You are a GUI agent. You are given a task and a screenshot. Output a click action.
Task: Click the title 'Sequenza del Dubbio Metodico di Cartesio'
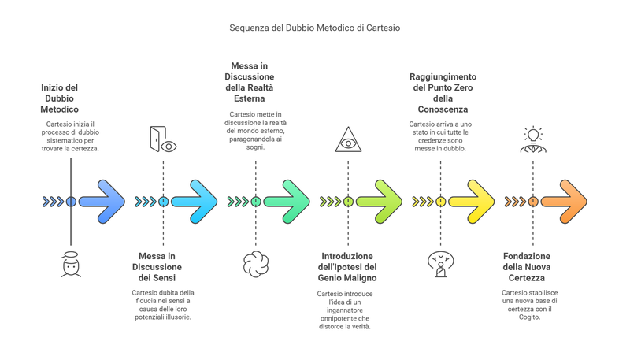tap(315, 28)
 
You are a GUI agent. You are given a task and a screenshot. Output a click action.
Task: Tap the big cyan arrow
tap(196, 202)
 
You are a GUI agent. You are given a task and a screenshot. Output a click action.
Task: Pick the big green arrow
tap(289, 202)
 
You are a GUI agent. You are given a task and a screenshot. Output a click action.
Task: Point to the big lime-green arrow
tap(381, 202)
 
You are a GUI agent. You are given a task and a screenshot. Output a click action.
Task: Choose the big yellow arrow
tap(473, 202)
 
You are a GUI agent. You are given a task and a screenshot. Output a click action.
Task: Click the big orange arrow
tap(565, 202)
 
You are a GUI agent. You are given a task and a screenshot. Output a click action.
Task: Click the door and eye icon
tap(163, 139)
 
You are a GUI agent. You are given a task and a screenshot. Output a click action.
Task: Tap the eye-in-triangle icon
tap(348, 139)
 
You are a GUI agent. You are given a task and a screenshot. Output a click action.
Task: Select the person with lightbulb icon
tap(533, 139)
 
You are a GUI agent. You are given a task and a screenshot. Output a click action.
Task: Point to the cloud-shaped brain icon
tap(256, 264)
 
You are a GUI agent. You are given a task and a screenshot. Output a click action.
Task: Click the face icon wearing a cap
tap(71, 265)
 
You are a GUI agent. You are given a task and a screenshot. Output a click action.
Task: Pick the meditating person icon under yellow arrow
tap(440, 264)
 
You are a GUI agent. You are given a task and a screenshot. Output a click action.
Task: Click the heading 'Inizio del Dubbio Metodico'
tap(60, 98)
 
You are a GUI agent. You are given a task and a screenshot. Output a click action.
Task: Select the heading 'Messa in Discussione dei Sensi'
tap(157, 267)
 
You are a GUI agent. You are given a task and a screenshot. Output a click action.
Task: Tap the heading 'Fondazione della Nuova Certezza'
tap(527, 267)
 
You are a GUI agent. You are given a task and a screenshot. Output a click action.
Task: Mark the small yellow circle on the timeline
tap(440, 202)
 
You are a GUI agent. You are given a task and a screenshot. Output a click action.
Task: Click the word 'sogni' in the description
tap(254, 147)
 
